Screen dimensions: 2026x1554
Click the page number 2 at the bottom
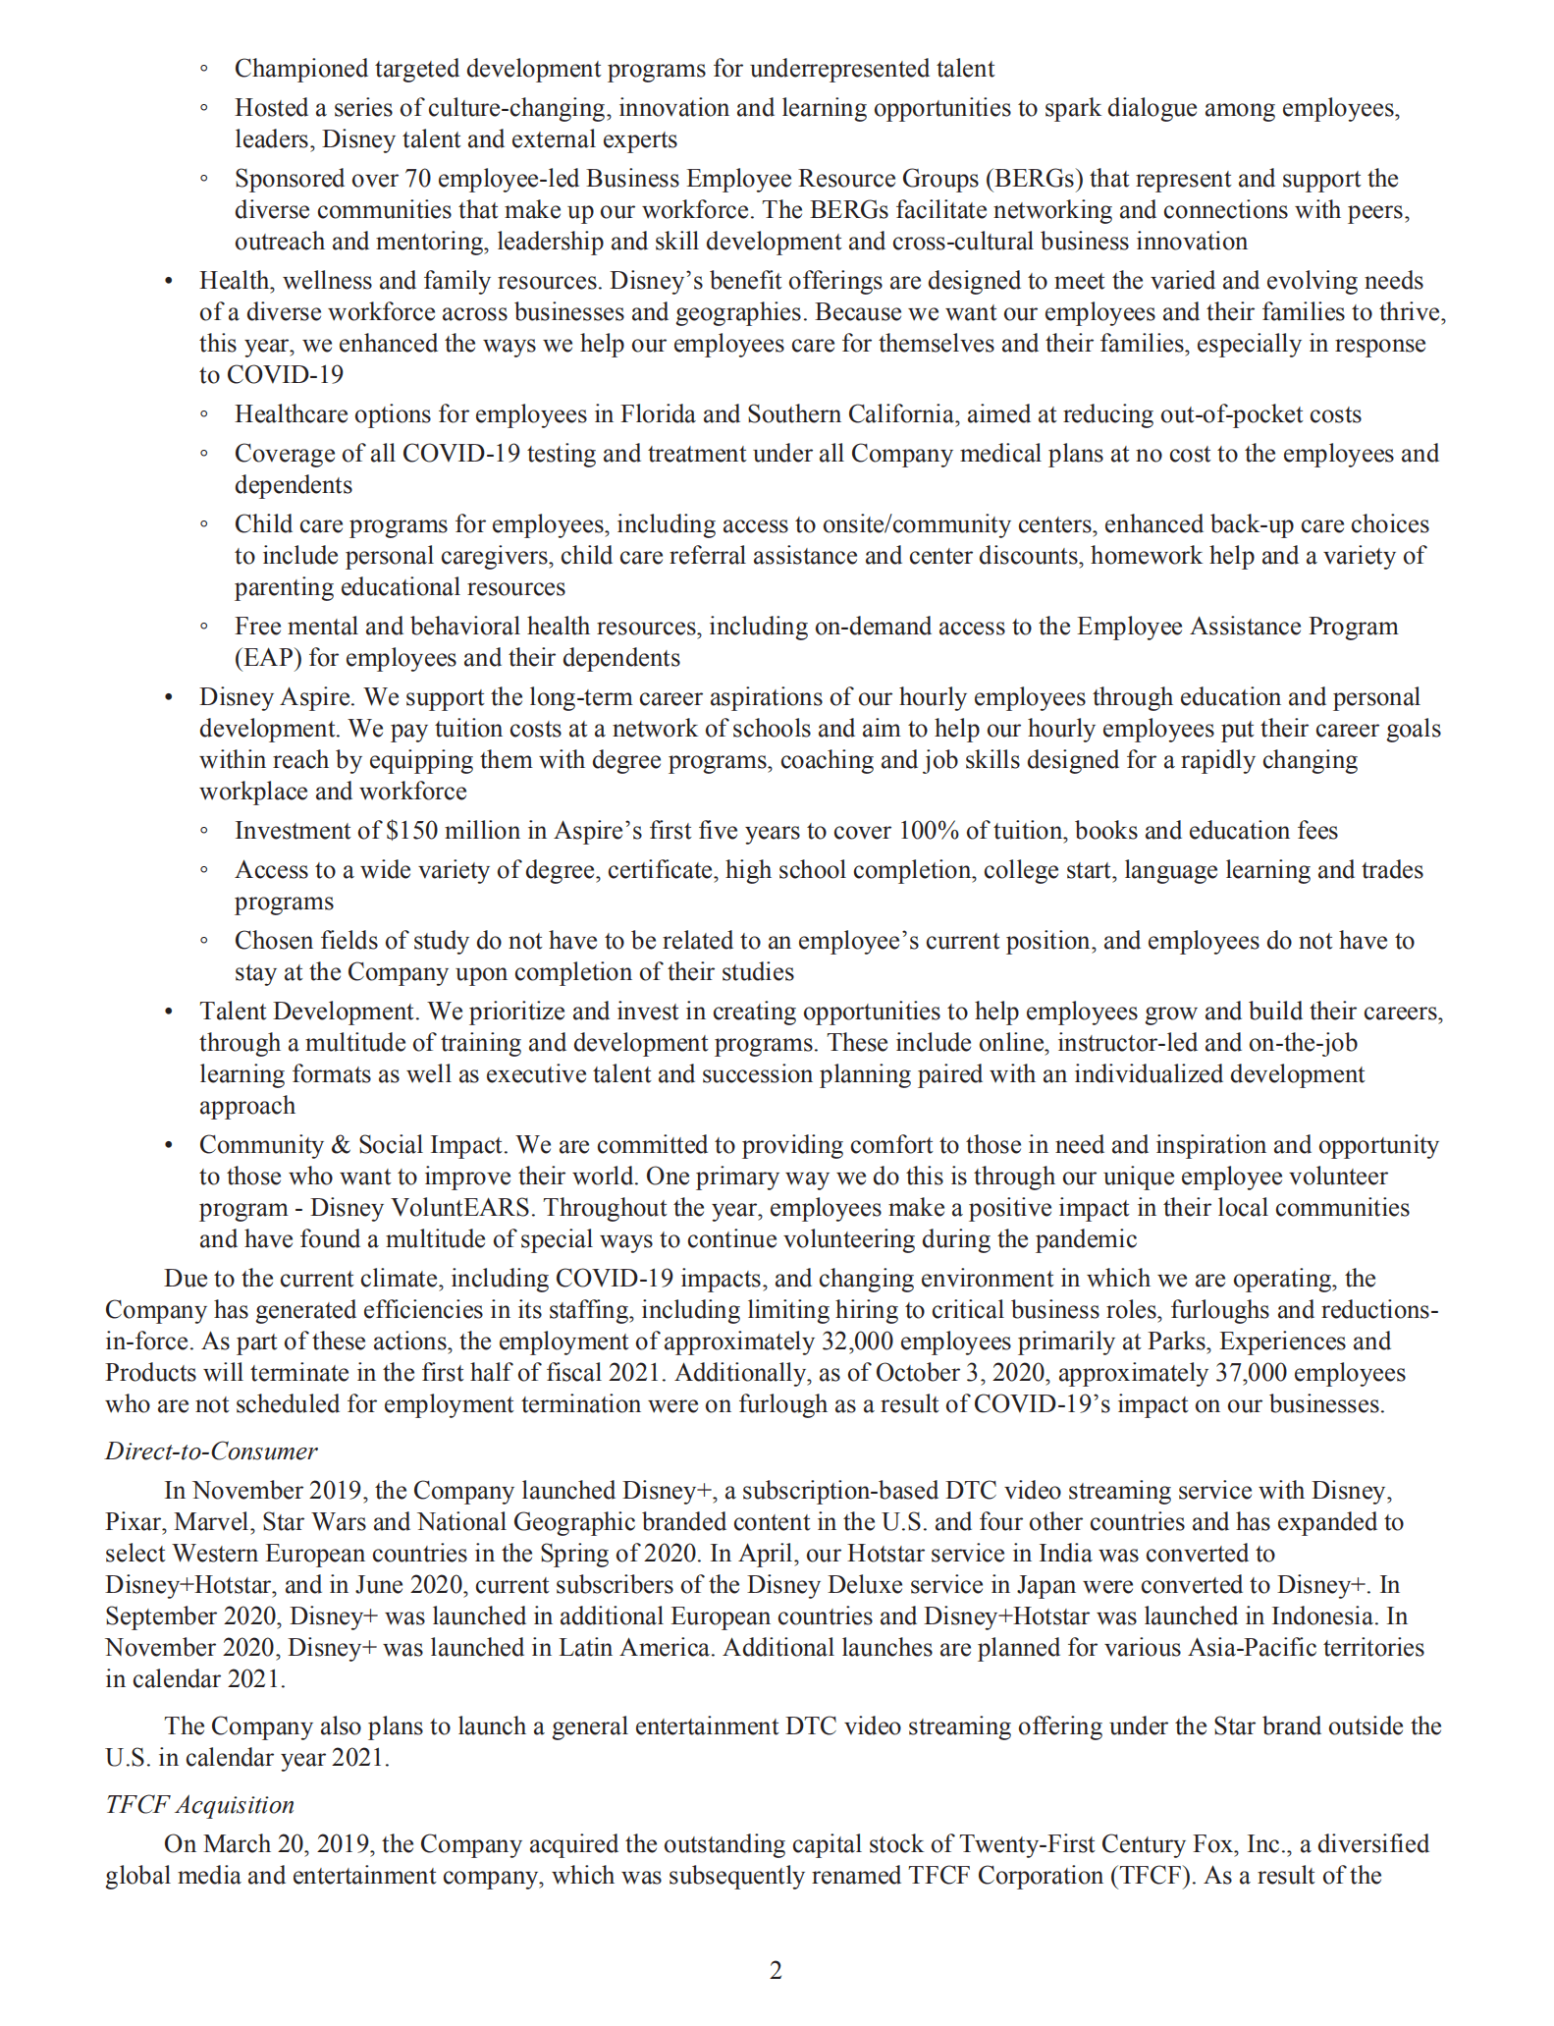[776, 1970]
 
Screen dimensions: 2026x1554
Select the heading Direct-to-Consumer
[211, 1451]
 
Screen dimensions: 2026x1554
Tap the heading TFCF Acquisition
[199, 1805]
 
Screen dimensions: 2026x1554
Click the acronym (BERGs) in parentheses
[1034, 179]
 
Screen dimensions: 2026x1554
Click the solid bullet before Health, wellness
[169, 282]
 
